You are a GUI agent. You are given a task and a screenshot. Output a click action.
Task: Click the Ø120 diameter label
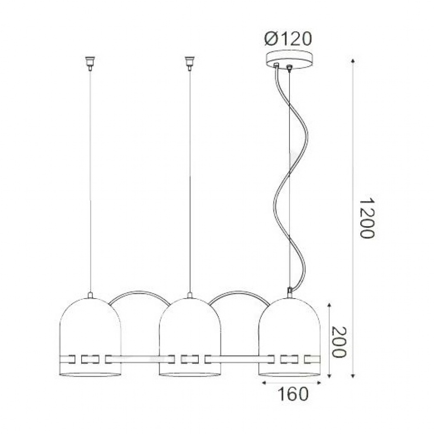tap(288, 39)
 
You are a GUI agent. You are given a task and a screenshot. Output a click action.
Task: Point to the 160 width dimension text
tap(293, 394)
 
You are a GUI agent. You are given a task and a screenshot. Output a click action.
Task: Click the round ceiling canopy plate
tap(289, 59)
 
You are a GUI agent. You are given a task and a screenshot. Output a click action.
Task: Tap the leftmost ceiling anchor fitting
tap(90, 63)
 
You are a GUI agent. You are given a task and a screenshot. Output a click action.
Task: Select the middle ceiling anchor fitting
tap(189, 63)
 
